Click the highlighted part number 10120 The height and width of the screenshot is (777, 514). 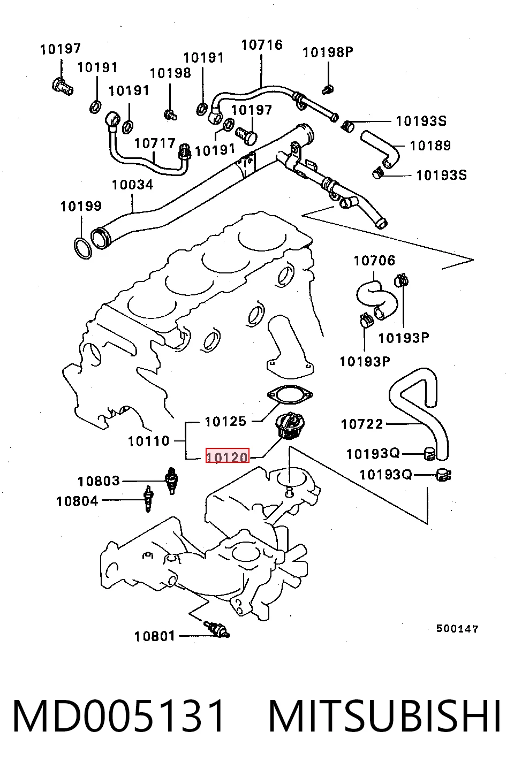[x=228, y=457]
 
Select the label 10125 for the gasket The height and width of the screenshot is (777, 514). [x=225, y=422]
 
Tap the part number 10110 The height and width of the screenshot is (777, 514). [x=148, y=441]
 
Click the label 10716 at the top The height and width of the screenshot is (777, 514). [x=262, y=45]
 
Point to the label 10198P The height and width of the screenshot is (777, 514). [x=328, y=52]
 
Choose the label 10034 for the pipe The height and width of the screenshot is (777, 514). [x=133, y=185]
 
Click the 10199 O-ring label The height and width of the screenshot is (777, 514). [x=81, y=207]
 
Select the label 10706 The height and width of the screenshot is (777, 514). [x=374, y=261]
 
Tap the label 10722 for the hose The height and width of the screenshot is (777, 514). [x=362, y=424]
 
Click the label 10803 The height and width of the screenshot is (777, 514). [x=99, y=481]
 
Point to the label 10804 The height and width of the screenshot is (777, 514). [x=78, y=501]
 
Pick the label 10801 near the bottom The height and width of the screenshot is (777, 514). [x=155, y=636]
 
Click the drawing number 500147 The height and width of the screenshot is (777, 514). [x=457, y=629]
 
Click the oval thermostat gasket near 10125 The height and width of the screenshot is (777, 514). [x=290, y=395]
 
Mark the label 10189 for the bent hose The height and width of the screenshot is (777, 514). [x=430, y=146]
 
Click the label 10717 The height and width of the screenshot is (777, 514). [x=155, y=143]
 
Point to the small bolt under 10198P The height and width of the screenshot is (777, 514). [x=327, y=90]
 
